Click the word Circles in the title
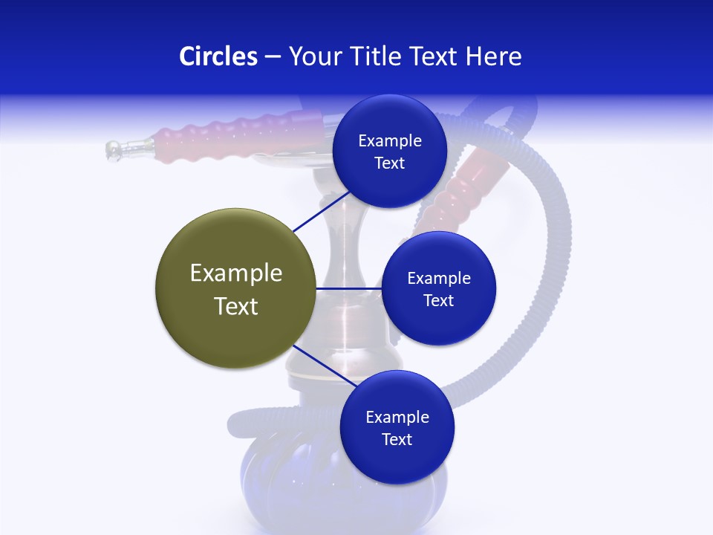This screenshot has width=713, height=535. (218, 56)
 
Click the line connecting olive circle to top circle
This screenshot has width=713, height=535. (322, 212)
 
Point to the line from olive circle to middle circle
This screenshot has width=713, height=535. (348, 288)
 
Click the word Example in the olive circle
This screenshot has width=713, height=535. (236, 273)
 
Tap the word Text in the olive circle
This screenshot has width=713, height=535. (236, 306)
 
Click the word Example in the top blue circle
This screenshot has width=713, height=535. (390, 141)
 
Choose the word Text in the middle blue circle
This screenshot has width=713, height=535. (438, 300)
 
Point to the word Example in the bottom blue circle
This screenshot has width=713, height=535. (397, 418)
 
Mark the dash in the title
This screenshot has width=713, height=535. (273, 57)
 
